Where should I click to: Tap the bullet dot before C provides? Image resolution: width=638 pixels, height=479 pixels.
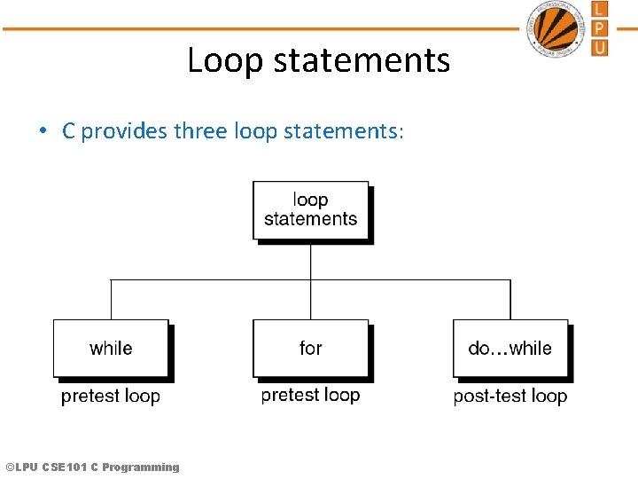(x=43, y=131)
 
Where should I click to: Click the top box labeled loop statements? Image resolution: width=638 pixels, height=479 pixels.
(x=310, y=210)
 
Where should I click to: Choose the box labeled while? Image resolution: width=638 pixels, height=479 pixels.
(x=111, y=348)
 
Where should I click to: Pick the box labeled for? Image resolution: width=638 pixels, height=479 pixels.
(x=310, y=348)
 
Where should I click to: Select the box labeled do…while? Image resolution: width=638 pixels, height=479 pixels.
(x=510, y=348)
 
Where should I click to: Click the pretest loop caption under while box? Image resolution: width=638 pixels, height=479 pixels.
(x=111, y=397)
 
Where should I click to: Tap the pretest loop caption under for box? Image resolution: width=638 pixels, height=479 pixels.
(x=310, y=395)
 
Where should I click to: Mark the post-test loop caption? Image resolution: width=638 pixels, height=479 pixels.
(x=510, y=397)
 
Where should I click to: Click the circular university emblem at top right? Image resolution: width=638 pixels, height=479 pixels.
(x=556, y=28)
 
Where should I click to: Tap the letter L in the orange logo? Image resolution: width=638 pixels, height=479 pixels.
(x=600, y=10)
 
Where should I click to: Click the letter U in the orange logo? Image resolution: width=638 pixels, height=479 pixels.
(x=600, y=47)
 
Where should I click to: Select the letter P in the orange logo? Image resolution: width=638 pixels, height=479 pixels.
(x=600, y=28)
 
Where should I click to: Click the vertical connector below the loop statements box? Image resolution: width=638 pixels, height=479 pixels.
(x=310, y=262)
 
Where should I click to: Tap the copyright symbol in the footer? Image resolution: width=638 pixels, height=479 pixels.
(x=10, y=467)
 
